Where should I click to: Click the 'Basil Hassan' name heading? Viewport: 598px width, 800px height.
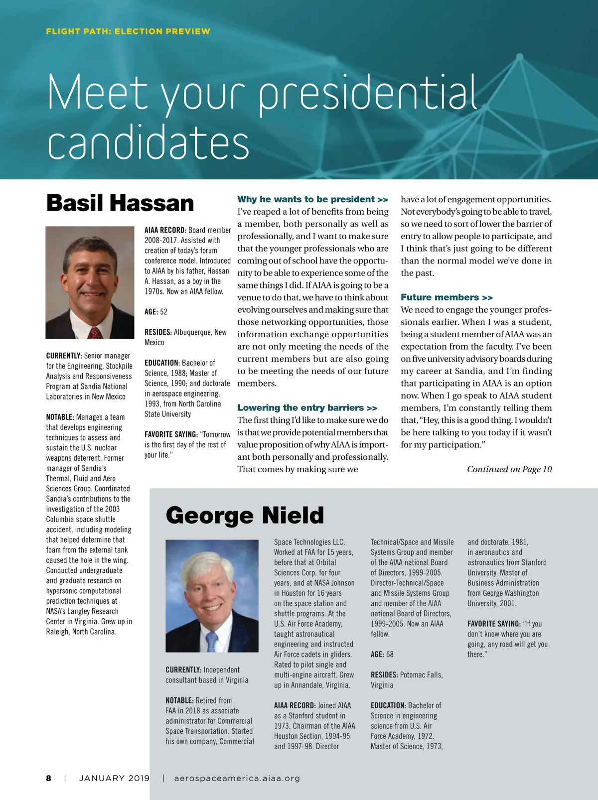pyautogui.click(x=120, y=203)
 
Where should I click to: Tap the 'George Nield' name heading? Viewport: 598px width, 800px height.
pyautogui.click(x=245, y=515)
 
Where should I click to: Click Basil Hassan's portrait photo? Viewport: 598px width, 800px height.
pyautogui.click(x=90, y=282)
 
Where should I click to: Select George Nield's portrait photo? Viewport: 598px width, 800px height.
pyautogui.click(x=212, y=596)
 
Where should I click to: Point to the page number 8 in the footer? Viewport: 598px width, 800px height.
pyautogui.click(x=49, y=778)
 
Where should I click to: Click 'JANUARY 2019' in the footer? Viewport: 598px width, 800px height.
pyautogui.click(x=114, y=778)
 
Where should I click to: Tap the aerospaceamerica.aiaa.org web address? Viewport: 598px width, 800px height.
pyautogui.click(x=237, y=778)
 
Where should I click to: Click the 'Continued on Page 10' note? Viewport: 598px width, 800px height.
pyautogui.click(x=509, y=469)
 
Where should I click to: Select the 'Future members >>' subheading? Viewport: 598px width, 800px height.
pyautogui.click(x=447, y=297)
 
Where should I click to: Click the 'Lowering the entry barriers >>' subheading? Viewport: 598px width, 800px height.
pyautogui.click(x=307, y=408)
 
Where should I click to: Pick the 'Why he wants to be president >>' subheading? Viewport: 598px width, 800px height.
pyautogui.click(x=312, y=199)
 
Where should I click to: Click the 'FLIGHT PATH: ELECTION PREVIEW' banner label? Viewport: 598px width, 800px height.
pyautogui.click(x=128, y=31)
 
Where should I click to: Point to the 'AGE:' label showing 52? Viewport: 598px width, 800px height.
pyautogui.click(x=151, y=312)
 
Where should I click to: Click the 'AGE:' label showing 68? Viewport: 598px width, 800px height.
pyautogui.click(x=377, y=655)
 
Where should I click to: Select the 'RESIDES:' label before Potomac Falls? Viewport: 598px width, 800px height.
pyautogui.click(x=384, y=675)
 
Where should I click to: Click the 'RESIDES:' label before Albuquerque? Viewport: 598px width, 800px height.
pyautogui.click(x=158, y=332)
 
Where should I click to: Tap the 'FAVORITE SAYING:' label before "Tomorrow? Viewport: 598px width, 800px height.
pyautogui.click(x=171, y=434)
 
